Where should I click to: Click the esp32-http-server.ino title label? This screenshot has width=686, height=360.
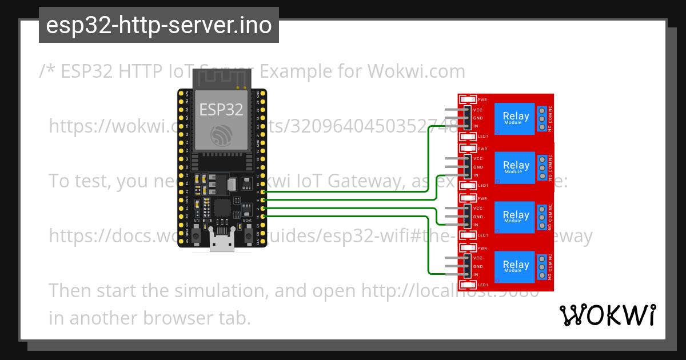click(x=158, y=25)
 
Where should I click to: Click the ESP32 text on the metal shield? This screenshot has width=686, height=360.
click(x=221, y=110)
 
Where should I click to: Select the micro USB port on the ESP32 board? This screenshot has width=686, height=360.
click(x=222, y=242)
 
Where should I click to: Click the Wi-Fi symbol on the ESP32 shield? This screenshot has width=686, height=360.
click(x=221, y=136)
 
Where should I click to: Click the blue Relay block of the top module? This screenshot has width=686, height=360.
click(x=516, y=118)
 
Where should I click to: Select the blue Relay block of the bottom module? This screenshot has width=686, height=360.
click(x=516, y=266)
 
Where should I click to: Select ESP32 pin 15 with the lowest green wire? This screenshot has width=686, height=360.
click(x=262, y=217)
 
